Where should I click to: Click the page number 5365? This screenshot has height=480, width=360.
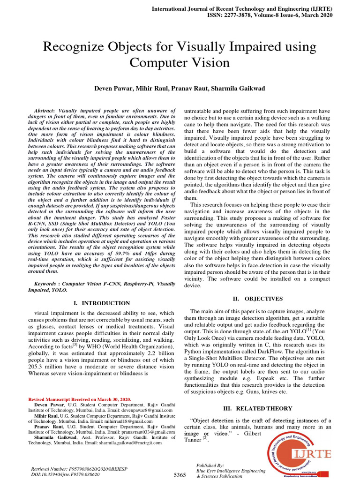[x=179, y=475]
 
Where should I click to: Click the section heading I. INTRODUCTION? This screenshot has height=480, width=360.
[x=102, y=303]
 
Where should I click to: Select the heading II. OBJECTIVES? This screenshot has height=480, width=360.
[x=258, y=299]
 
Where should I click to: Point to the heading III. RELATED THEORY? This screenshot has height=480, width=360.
[x=258, y=408]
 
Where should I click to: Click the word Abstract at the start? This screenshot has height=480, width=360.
[x=45, y=109]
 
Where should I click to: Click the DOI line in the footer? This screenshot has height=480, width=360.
[x=65, y=474]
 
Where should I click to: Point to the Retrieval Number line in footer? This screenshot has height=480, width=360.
[x=71, y=469]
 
